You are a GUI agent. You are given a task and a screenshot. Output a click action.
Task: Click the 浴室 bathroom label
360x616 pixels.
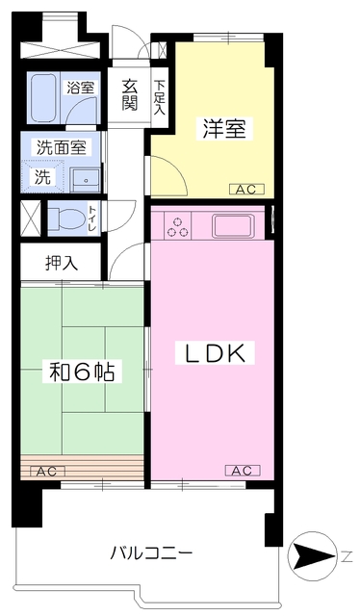tap(81, 88)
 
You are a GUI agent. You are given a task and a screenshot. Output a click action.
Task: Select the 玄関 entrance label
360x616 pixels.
tap(129, 94)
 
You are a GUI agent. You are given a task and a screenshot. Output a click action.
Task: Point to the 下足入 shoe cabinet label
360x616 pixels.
tap(159, 97)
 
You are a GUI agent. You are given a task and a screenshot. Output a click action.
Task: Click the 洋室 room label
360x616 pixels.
tap(224, 128)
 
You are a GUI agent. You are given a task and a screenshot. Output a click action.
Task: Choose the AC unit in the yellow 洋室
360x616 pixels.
tap(246, 190)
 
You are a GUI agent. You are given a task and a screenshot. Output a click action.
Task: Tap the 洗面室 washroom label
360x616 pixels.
tap(62, 147)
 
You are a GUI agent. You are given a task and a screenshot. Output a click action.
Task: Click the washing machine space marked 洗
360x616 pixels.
tap(42, 176)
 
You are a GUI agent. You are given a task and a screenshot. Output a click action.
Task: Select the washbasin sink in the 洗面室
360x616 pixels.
tap(85, 181)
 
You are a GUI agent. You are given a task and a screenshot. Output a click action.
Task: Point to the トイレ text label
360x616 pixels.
tap(92, 218)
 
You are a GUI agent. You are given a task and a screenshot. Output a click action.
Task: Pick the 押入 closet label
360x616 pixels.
tap(62, 263)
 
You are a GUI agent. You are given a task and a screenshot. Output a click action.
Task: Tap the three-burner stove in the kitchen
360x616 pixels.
tap(177, 227)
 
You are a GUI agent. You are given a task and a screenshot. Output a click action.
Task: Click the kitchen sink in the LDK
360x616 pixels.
tap(233, 226)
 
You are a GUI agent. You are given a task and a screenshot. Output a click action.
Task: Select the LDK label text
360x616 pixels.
tap(215, 353)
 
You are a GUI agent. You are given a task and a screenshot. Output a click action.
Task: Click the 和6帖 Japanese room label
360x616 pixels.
tap(82, 372)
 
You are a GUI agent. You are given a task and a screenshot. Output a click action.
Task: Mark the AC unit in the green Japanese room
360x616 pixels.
tap(47, 471)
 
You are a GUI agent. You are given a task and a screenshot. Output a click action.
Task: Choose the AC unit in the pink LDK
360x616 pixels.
tap(243, 470)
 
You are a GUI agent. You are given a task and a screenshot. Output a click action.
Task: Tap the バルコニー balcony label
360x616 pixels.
tap(151, 553)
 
